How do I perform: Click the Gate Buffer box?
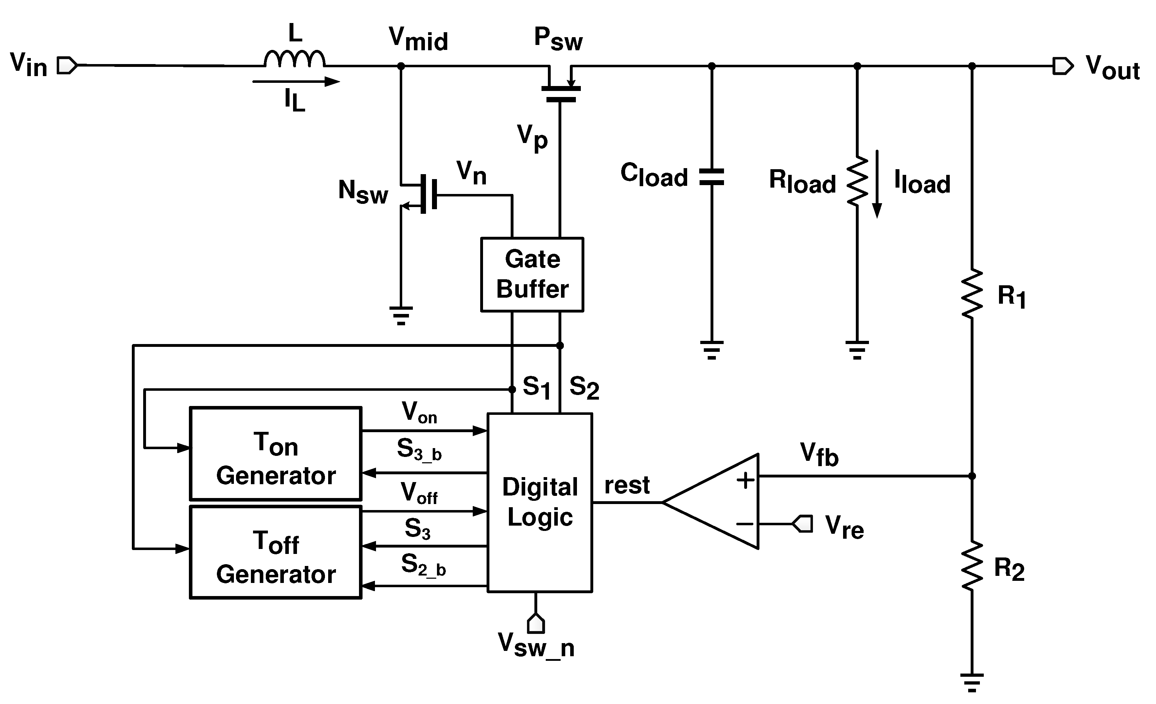click(x=532, y=274)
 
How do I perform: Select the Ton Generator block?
click(x=275, y=453)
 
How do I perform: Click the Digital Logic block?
click(x=539, y=503)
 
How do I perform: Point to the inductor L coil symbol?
click(x=294, y=59)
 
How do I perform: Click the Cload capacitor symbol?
click(x=711, y=177)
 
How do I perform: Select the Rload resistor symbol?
click(x=857, y=181)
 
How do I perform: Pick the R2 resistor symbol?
click(x=972, y=566)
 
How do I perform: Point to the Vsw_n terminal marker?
click(x=535, y=623)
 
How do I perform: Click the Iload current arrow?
click(x=877, y=184)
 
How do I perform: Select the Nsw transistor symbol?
click(x=422, y=194)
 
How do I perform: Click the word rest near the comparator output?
click(x=627, y=486)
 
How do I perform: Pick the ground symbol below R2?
click(x=972, y=682)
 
